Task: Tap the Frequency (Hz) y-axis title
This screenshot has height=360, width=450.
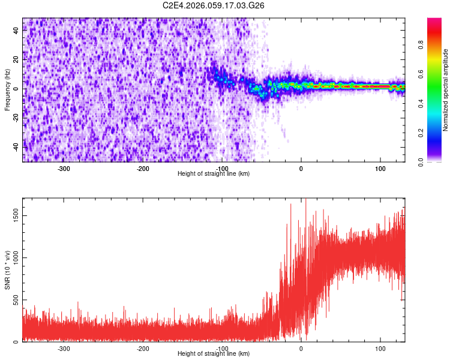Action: click(x=7, y=90)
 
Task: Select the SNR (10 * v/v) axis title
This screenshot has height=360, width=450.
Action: click(x=7, y=270)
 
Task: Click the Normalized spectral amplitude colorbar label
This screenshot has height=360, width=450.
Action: click(x=446, y=90)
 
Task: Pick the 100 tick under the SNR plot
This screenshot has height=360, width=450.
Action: click(x=380, y=349)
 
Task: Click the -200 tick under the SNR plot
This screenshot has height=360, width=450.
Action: click(x=143, y=349)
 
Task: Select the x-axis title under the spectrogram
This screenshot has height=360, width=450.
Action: click(x=214, y=174)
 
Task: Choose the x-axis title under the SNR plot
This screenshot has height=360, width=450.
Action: click(x=214, y=354)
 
